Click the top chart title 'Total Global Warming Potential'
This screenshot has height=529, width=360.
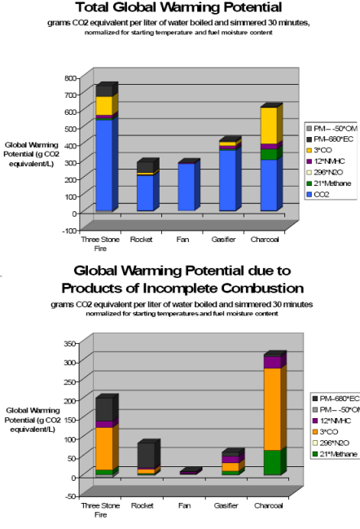click(x=178, y=8)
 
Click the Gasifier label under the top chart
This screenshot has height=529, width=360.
click(x=223, y=240)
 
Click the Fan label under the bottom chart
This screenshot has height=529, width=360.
click(x=183, y=506)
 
